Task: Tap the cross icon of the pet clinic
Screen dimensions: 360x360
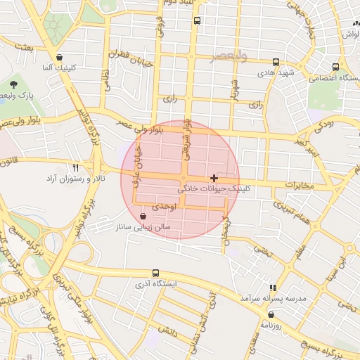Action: click(x=214, y=178)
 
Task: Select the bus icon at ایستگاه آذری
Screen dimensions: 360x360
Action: click(x=155, y=273)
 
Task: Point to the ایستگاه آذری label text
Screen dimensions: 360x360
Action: click(x=156, y=285)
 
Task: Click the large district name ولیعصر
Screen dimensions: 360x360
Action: click(x=229, y=56)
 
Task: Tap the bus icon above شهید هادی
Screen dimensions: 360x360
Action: click(x=275, y=61)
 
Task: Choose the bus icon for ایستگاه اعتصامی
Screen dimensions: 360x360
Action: click(x=333, y=67)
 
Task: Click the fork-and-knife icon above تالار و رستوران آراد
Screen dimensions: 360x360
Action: click(x=76, y=167)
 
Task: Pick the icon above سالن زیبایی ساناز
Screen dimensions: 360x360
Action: click(x=143, y=217)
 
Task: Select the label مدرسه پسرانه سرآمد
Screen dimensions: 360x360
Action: click(x=273, y=298)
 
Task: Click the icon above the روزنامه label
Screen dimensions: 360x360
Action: click(x=271, y=316)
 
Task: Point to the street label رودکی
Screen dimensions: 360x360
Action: click(x=323, y=124)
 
